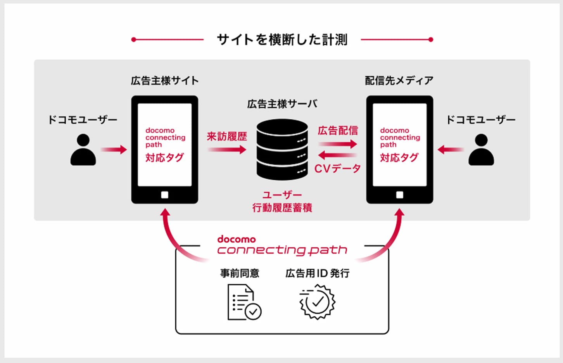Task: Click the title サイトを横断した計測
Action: [282, 40]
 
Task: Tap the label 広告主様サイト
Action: [165, 81]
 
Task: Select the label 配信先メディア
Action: [399, 81]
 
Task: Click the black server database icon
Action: [282, 149]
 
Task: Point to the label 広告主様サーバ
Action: [282, 104]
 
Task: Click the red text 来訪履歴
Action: [227, 137]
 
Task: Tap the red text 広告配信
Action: [338, 131]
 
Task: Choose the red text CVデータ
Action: [338, 169]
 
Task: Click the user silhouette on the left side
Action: [83, 150]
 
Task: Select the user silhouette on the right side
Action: [481, 150]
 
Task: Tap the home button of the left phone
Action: [165, 195]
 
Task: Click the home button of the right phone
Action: [400, 195]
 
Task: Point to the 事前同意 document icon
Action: [244, 302]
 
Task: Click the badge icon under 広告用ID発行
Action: [317, 302]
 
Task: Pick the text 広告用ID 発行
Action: [318, 273]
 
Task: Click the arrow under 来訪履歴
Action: [227, 150]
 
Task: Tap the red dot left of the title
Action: [134, 40]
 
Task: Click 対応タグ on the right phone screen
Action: [399, 157]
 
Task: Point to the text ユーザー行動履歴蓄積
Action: [282, 202]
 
